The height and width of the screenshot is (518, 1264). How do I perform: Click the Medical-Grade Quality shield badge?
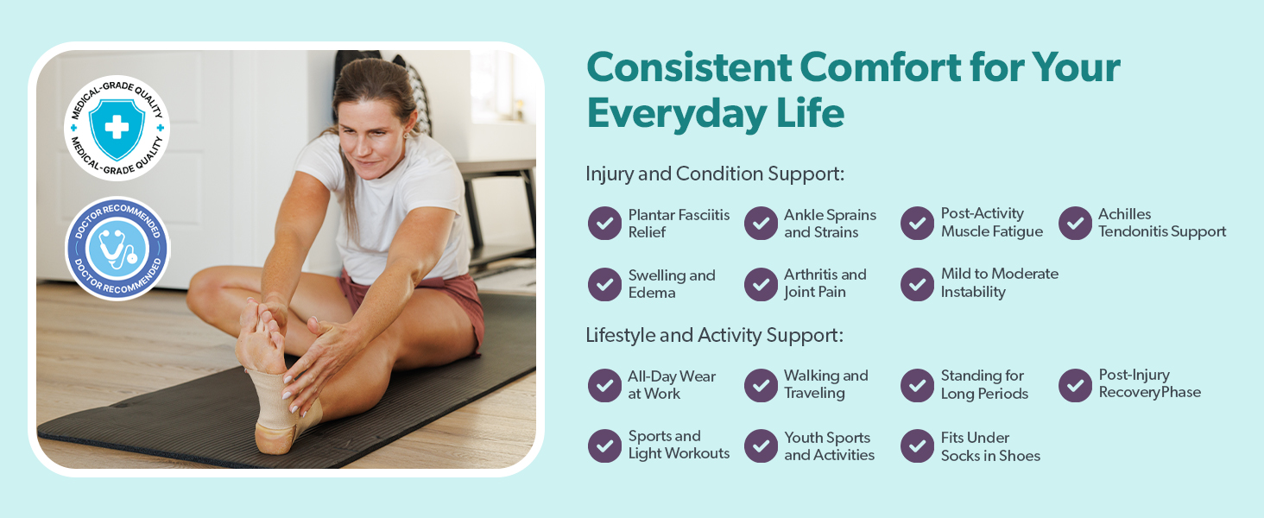[x=117, y=128]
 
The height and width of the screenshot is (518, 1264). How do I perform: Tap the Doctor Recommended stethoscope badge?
[x=117, y=249]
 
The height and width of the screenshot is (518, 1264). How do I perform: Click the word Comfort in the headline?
[x=881, y=67]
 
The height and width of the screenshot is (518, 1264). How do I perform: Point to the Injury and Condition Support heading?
[x=715, y=174]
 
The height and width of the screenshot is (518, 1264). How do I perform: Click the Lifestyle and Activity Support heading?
[x=714, y=335]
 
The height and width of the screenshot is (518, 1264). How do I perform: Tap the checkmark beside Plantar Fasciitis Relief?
[x=604, y=224]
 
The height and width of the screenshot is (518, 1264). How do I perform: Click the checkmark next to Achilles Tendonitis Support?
[x=1075, y=224]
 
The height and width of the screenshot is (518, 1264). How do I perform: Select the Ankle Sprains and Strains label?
[x=830, y=224]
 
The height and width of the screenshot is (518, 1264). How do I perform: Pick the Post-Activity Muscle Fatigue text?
[x=991, y=223]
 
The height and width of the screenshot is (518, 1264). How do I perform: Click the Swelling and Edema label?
[x=672, y=284]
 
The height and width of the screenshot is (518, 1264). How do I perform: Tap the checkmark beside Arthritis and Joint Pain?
[x=761, y=284]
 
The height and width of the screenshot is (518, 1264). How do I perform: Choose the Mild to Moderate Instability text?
[x=999, y=282]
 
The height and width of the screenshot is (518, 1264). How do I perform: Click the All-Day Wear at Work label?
[x=672, y=385]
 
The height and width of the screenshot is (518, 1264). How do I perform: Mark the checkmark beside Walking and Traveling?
[x=761, y=385]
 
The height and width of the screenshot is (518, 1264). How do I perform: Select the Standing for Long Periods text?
[x=984, y=384]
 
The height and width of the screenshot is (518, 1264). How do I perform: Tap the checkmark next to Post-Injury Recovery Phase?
[x=1075, y=385]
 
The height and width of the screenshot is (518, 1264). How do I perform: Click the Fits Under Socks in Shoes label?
[x=990, y=446]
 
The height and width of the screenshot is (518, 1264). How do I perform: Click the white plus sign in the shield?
[x=117, y=127]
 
